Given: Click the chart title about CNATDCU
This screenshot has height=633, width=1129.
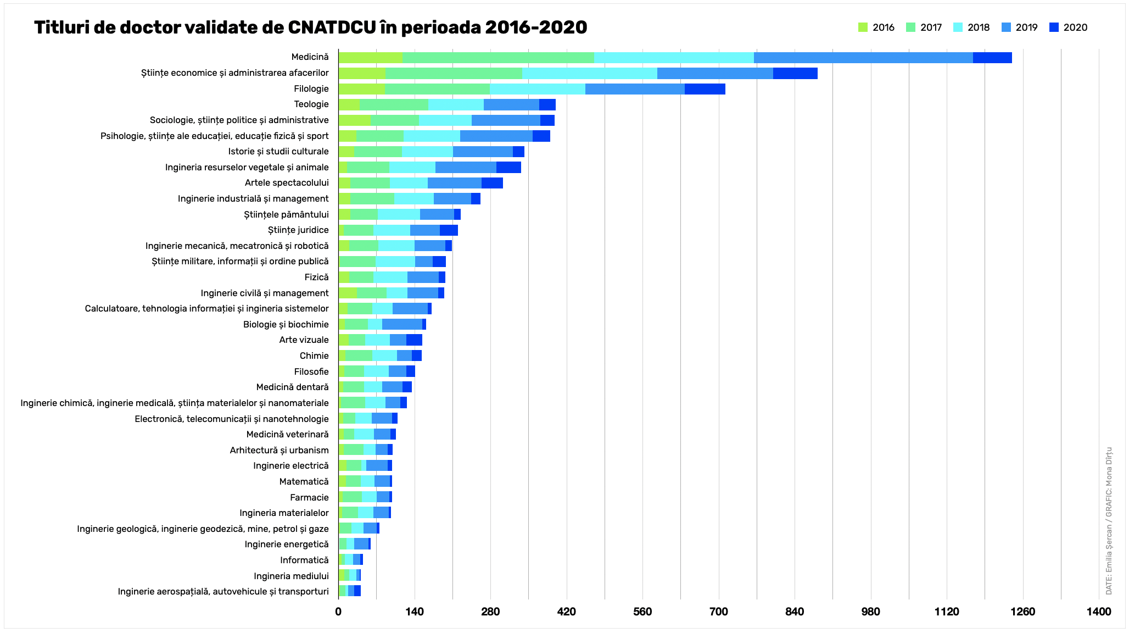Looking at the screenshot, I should (x=310, y=27).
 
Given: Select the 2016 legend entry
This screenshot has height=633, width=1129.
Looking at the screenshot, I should (x=876, y=27).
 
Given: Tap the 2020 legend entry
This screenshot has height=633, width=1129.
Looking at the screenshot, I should (x=1068, y=27).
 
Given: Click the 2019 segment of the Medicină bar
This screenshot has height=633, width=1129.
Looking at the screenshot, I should (x=863, y=57).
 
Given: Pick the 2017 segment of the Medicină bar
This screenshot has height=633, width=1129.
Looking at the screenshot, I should (x=498, y=57).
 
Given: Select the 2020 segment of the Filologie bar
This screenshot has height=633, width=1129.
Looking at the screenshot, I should (x=705, y=89).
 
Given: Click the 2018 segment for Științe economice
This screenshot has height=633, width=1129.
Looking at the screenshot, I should (x=589, y=73).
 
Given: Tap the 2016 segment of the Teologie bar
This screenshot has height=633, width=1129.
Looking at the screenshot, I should (x=349, y=104).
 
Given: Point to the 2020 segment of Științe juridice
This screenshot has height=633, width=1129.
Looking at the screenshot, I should (x=449, y=230).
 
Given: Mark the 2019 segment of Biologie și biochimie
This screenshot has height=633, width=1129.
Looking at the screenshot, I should (x=402, y=325).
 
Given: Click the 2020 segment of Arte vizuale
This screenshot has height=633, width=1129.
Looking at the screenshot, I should (x=414, y=340).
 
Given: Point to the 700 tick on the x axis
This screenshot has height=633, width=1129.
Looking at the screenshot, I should (x=718, y=612).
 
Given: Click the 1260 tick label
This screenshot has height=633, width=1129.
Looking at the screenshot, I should (x=1022, y=612).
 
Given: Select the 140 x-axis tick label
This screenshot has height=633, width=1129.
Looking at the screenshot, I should (x=415, y=612).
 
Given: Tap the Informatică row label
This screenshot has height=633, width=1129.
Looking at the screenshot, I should (x=304, y=560).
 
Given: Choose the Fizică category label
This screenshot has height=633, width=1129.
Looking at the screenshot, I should (x=316, y=277).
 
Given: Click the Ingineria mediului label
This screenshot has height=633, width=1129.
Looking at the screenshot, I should (x=291, y=576).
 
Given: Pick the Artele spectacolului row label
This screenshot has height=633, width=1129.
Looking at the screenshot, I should (x=287, y=183).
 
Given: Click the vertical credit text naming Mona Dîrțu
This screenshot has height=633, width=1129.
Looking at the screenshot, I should (x=1109, y=520).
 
